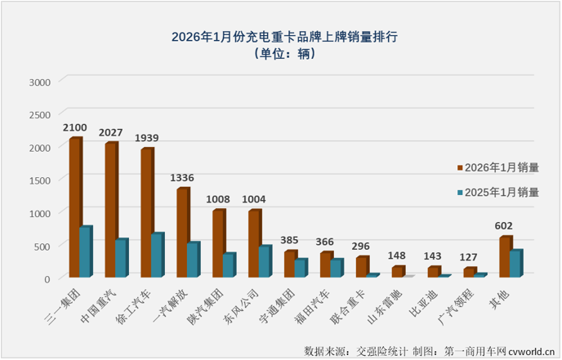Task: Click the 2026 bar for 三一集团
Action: click(x=75, y=208)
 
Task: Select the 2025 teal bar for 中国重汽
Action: click(x=121, y=258)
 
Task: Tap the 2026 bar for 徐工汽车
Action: click(x=147, y=213)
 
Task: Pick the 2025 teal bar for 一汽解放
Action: click(x=193, y=260)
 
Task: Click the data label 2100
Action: click(x=77, y=128)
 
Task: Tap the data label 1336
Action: click(x=183, y=178)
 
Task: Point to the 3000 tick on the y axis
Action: click(x=40, y=82)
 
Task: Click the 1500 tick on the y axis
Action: click(x=40, y=180)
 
